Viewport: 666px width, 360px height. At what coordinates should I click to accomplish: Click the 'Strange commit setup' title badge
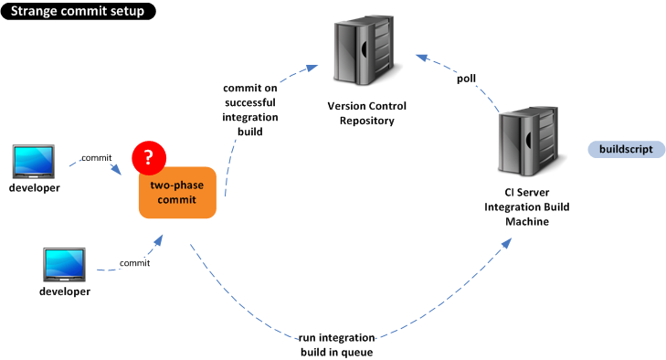tap(79, 11)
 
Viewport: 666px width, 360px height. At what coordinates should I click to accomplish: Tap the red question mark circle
tap(149, 158)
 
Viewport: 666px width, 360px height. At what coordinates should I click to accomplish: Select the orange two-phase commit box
tap(177, 193)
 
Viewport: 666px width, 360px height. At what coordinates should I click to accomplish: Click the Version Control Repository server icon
tap(364, 50)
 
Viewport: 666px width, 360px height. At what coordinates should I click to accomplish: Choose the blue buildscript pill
tap(626, 149)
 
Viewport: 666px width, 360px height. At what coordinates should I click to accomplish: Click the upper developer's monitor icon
tap(34, 162)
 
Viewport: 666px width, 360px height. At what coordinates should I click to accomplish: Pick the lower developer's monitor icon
tap(64, 265)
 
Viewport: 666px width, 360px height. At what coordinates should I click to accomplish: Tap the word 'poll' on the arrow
tap(466, 79)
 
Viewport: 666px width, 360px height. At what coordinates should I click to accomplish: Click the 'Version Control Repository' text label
tap(367, 113)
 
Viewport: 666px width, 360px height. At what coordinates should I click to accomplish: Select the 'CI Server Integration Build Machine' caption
tap(527, 207)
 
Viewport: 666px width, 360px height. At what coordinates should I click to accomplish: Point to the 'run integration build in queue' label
tap(337, 344)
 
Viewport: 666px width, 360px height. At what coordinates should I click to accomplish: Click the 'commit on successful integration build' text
tap(250, 110)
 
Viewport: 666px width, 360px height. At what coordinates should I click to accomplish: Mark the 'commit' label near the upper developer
tap(97, 158)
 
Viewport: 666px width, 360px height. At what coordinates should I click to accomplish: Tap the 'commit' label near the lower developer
tap(134, 263)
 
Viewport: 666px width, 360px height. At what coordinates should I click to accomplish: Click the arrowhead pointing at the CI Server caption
tap(507, 243)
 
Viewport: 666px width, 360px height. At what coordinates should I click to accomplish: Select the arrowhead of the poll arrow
tap(421, 58)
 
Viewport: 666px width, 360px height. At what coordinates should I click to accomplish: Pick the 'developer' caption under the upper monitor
tap(35, 188)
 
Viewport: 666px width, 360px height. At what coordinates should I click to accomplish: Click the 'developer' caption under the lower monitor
tap(65, 291)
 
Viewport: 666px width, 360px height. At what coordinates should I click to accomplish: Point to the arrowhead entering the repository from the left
tap(312, 68)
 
